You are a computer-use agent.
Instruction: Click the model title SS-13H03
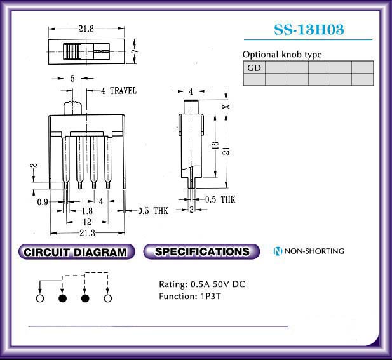click(309, 29)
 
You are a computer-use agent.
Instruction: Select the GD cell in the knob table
click(254, 67)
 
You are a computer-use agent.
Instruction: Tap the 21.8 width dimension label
click(86, 29)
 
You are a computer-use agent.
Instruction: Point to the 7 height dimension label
click(134, 51)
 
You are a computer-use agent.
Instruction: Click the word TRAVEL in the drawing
click(123, 91)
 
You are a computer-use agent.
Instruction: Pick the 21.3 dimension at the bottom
click(88, 233)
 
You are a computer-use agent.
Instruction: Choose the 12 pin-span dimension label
click(87, 222)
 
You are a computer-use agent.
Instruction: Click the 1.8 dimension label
click(87, 211)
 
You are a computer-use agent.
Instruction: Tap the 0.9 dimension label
click(43, 202)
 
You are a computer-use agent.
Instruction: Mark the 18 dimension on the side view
click(215, 145)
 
